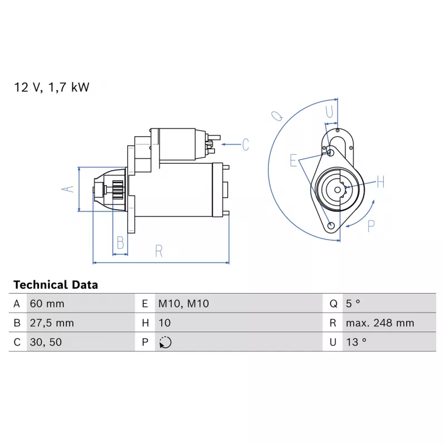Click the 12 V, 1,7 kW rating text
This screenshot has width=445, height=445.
[52, 87]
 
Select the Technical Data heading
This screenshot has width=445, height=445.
[56, 285]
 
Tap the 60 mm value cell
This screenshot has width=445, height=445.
[47, 304]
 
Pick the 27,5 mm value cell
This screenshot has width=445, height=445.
[52, 323]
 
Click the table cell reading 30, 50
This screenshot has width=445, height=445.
[46, 342]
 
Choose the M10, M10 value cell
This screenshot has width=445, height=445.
[184, 304]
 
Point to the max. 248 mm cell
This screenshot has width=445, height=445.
[380, 323]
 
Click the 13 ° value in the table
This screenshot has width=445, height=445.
[356, 342]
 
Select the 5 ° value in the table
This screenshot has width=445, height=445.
[353, 304]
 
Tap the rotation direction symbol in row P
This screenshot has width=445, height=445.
[165, 342]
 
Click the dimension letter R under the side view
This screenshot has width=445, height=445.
[159, 251]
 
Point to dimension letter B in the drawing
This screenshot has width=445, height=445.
[120, 243]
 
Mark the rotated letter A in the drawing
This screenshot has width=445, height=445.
[68, 189]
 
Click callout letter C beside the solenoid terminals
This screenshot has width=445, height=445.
[245, 145]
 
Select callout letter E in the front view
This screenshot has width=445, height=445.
[293, 160]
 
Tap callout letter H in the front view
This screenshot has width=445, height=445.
[380, 182]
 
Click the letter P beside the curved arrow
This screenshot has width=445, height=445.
[371, 226]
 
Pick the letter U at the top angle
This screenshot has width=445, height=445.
[329, 112]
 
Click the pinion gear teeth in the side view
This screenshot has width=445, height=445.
[118, 190]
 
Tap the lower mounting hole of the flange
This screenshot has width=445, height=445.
[331, 226]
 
